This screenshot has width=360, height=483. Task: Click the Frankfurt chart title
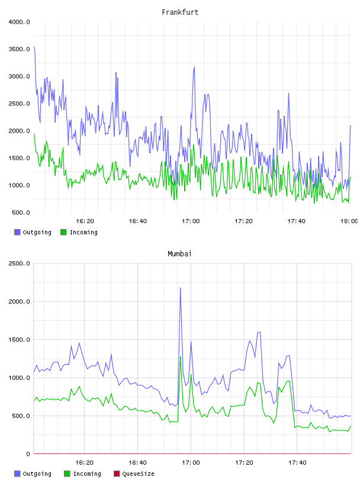click(x=180, y=12)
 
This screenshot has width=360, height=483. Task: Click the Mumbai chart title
click(x=179, y=253)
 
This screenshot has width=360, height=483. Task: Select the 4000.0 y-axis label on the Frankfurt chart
click(x=19, y=22)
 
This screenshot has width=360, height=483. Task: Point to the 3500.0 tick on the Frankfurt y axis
click(x=19, y=49)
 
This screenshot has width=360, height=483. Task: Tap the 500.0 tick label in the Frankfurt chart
click(x=21, y=212)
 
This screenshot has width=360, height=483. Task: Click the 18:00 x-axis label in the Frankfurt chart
click(x=349, y=221)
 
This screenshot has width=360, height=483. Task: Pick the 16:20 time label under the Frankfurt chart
click(x=85, y=221)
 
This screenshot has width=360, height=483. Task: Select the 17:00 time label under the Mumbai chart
click(x=191, y=463)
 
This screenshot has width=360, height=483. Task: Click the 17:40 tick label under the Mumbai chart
click(x=297, y=463)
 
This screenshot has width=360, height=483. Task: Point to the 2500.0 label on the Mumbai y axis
click(x=19, y=263)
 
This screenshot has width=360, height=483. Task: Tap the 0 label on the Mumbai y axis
click(x=28, y=454)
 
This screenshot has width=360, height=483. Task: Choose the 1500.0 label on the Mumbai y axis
click(x=19, y=340)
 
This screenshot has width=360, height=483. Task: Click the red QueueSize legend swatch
click(x=117, y=474)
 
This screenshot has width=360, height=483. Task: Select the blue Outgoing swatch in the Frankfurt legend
click(x=17, y=232)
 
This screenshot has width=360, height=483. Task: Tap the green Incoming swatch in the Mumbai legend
click(x=67, y=474)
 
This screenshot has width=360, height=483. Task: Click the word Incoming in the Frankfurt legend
click(x=83, y=232)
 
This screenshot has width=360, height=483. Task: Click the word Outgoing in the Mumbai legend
click(x=37, y=474)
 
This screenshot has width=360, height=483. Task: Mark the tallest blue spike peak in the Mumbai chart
click(x=181, y=288)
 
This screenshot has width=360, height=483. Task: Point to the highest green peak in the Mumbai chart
click(x=181, y=357)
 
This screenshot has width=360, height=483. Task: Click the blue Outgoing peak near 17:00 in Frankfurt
click(x=194, y=67)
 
